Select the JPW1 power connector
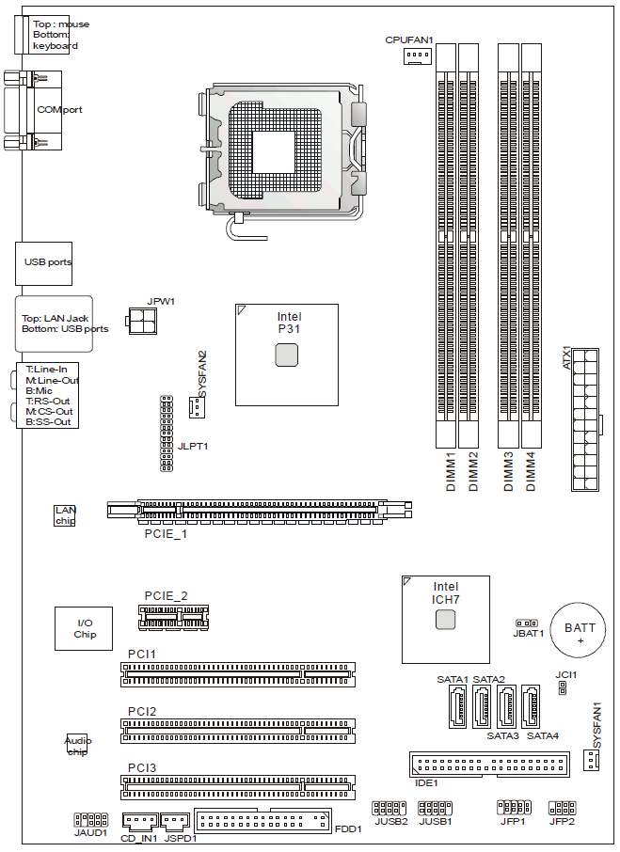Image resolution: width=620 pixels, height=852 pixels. point(143,321)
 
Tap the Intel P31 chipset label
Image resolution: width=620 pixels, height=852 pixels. point(289,323)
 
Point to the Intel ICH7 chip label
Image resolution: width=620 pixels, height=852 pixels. point(446,592)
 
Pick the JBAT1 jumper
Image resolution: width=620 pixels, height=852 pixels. point(527,623)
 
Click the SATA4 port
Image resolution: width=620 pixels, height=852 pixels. point(531,706)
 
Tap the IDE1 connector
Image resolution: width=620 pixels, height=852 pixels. point(489,765)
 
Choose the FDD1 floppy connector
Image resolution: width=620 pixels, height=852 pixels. point(262,820)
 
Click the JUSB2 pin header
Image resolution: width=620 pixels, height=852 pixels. point(389,808)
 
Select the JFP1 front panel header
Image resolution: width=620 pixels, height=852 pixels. point(514,808)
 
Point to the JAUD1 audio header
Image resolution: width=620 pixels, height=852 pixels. point(90,819)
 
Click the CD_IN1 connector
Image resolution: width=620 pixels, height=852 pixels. point(139,822)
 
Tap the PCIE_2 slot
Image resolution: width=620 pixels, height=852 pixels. point(173,618)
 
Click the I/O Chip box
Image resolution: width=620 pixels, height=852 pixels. point(84,629)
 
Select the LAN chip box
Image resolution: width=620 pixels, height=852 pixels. point(65,515)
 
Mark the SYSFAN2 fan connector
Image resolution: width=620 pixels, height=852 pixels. point(197,407)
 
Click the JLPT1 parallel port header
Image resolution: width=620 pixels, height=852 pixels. point(167,434)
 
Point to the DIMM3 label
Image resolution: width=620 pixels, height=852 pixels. point(509,472)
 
